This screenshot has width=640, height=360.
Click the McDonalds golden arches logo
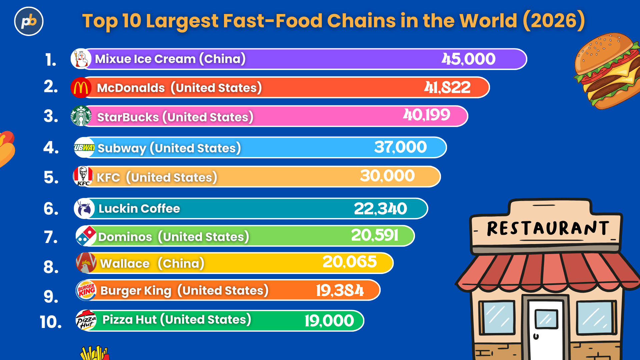coord(81,88)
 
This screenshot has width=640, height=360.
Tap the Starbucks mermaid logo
coord(81,116)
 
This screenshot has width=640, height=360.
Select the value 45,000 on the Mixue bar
coord(468,59)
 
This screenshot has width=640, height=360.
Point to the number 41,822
coord(447,88)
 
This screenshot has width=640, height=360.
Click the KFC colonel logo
coord(83,176)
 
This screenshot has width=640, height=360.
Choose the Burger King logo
coord(86,290)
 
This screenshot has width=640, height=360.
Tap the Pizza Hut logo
coord(86,320)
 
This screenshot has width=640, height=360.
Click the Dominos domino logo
coord(86,236)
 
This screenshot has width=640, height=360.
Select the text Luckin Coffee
coord(139,209)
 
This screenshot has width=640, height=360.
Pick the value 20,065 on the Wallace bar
coord(349,262)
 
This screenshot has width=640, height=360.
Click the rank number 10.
coord(51,322)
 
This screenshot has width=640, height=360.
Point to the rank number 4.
coord(51,148)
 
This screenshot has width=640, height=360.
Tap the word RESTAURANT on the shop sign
coord(548,229)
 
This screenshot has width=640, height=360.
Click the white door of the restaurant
coord(546,330)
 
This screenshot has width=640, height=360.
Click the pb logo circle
coord(29,21)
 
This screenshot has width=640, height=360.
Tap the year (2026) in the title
coord(554,21)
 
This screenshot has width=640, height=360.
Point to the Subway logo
coord(84,147)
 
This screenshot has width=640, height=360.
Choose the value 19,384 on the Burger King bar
coord(340,290)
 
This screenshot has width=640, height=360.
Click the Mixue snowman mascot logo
coord(81,59)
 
